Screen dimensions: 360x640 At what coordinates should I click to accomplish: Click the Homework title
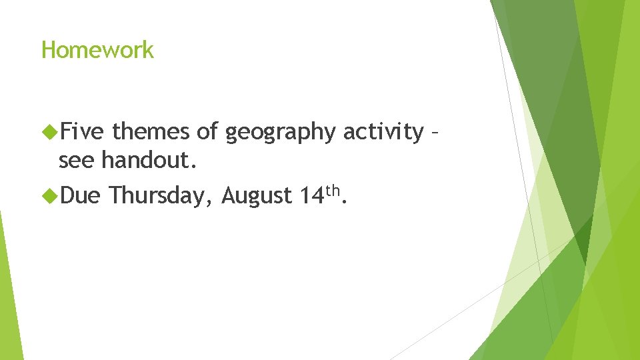tap(97, 50)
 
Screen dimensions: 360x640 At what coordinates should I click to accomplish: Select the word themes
tap(151, 132)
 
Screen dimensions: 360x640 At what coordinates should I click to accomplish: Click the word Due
tap(79, 195)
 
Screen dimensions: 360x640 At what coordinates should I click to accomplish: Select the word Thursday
tap(158, 196)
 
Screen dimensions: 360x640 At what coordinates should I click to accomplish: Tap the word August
tap(257, 196)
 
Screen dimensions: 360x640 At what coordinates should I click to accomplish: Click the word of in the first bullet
tap(207, 132)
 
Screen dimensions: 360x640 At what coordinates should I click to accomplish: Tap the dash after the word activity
tap(434, 134)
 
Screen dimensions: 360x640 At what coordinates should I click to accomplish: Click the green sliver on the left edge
tap(9, 293)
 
